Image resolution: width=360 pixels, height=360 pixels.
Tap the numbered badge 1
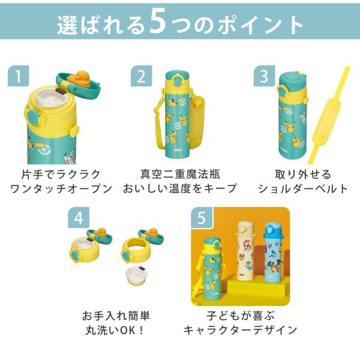tap(19, 76)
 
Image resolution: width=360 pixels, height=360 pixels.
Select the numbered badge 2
tap(141, 76)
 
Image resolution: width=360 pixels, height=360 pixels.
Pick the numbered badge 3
tap(264, 76)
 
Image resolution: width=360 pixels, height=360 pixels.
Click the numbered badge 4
tap(79, 218)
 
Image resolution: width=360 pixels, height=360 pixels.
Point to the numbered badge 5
tap(202, 218)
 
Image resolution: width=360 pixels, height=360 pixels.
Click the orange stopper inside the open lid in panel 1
tap(82, 79)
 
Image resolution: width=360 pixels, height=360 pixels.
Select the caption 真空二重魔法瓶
tap(181, 174)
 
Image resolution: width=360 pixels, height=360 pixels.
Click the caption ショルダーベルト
tap(303, 189)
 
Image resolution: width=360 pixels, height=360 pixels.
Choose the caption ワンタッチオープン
tap(61, 189)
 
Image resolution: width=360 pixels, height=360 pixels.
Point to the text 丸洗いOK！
tap(115, 331)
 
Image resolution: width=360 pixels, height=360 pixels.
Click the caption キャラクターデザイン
tap(241, 331)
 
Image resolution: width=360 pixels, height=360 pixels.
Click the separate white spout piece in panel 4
tap(136, 275)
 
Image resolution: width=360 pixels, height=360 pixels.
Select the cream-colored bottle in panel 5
tap(245, 251)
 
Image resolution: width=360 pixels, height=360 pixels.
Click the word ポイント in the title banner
tap(260, 25)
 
